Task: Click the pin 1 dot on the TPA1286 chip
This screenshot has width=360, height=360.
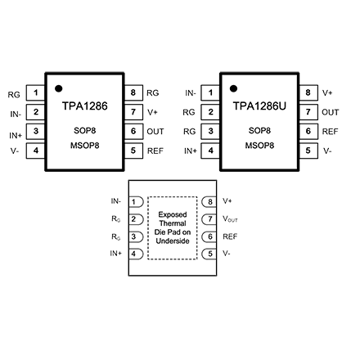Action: tap(59, 88)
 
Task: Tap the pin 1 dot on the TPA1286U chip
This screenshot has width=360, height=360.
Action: tap(233, 88)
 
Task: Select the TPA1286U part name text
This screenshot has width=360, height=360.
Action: tap(259, 106)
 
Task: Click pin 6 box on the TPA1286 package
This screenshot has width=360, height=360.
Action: tap(133, 131)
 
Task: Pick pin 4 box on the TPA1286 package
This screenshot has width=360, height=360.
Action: tap(35, 151)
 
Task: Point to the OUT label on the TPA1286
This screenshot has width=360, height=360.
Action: tap(155, 132)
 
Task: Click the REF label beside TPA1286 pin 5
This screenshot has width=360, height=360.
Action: tap(155, 151)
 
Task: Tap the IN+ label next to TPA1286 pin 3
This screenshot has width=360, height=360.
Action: tap(16, 135)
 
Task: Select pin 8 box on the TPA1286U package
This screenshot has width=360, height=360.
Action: tap(308, 92)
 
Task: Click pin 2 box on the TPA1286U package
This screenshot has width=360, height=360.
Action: tap(210, 112)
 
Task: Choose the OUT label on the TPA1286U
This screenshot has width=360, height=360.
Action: tap(331, 112)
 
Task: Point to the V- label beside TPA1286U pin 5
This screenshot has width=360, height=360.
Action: tap(327, 151)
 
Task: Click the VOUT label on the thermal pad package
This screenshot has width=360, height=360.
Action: tap(230, 219)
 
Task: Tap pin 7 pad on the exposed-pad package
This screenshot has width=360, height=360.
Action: tap(209, 219)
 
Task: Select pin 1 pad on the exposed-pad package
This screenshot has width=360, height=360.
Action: tap(136, 202)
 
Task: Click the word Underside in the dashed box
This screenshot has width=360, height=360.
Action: tap(173, 241)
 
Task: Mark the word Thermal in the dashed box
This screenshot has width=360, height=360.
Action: tap(173, 223)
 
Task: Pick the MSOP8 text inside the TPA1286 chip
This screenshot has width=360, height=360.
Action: tap(85, 146)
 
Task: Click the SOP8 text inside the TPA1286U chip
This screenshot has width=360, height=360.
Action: tap(259, 131)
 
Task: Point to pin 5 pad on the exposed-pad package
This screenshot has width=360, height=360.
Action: tap(209, 254)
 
